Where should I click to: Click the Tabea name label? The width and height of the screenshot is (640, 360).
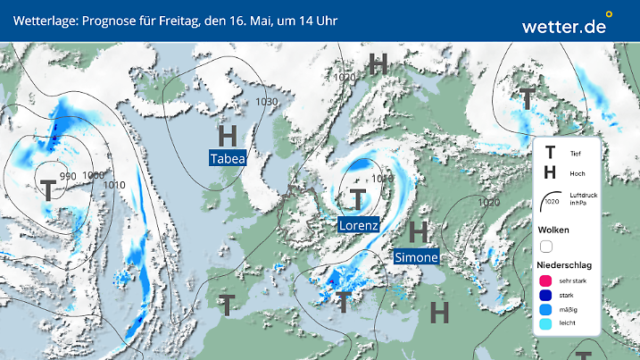[228, 159]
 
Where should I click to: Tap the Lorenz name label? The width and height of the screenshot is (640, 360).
[359, 225]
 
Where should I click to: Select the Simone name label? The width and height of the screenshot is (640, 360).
[417, 257]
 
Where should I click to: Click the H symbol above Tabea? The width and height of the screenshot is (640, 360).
[229, 136]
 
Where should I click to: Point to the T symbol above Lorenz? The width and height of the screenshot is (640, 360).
[359, 199]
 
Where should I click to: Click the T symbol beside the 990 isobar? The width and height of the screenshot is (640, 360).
[48, 189]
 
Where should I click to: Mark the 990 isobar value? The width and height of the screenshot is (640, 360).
[68, 176]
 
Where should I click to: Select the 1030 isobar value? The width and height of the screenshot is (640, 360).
[266, 102]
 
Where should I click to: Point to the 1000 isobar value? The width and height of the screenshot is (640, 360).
[93, 175]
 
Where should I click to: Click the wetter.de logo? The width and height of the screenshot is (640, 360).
[564, 25]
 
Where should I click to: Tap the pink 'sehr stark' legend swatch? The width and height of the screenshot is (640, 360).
[544, 280]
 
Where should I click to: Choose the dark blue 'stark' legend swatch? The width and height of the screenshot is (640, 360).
[544, 295]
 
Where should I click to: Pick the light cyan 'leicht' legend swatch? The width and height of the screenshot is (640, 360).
[544, 325]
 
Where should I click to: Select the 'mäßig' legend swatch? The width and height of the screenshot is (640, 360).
[544, 310]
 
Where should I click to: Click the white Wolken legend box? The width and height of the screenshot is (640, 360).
[546, 246]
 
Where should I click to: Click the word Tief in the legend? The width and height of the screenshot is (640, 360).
[575, 154]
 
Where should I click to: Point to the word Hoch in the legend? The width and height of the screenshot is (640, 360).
[577, 173]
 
